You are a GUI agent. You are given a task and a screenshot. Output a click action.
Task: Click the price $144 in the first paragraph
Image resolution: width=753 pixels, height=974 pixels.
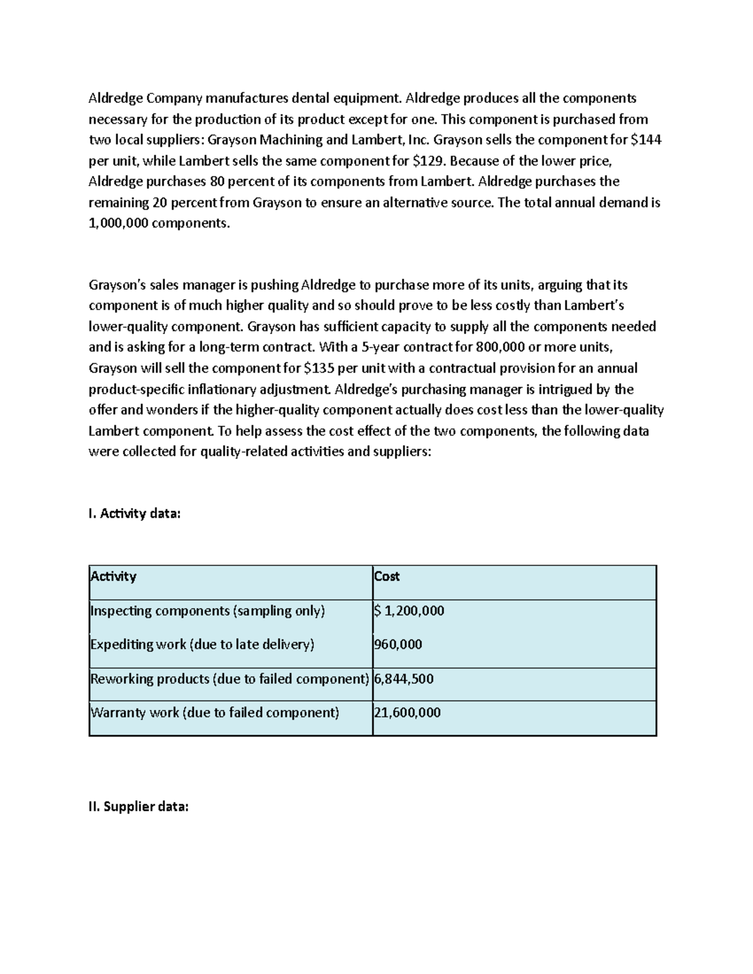click(646, 140)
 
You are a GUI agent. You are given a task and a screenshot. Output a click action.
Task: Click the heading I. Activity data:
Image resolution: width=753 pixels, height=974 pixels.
click(134, 514)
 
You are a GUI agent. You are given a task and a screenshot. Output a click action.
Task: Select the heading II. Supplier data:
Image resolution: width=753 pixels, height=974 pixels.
click(138, 807)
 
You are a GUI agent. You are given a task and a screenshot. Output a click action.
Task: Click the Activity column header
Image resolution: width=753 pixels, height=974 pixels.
click(114, 576)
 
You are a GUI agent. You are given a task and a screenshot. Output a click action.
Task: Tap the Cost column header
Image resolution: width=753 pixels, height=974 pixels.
click(387, 576)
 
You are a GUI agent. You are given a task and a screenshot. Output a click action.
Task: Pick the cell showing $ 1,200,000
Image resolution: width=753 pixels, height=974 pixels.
click(409, 610)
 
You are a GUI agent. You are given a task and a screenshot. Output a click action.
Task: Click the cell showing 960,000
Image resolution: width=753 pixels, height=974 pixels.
click(398, 644)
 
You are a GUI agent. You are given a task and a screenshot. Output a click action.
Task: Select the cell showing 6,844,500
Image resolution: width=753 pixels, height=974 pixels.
click(403, 679)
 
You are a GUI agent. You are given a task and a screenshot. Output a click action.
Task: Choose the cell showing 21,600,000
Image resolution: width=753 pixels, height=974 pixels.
click(407, 712)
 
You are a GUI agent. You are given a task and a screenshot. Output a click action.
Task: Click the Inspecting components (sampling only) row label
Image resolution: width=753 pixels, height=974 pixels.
click(208, 610)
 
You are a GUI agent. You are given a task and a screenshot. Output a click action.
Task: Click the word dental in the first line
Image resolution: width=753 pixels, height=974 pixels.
click(316, 98)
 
